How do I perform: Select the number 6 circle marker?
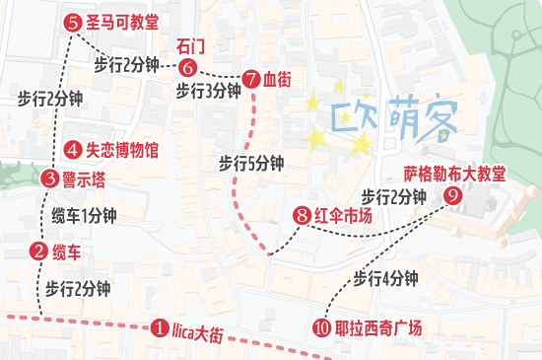189,67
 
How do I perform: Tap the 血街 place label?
277,78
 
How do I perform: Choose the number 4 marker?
72,150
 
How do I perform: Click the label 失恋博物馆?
122,150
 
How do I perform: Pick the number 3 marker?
50,179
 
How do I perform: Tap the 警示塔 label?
84,179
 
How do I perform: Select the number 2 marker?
38,251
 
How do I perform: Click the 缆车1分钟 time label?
84,215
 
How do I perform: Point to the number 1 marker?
159,328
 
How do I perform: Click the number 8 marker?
302,216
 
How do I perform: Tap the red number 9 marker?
452,195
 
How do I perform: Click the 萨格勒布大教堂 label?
454,174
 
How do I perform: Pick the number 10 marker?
321,328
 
